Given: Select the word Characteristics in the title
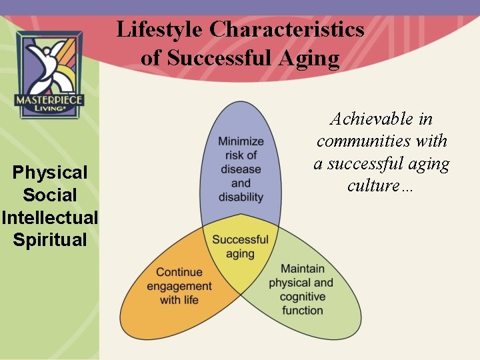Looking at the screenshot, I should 287,30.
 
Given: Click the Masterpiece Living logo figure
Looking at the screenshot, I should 50,63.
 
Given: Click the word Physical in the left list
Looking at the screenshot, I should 50,173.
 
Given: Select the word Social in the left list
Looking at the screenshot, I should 50,195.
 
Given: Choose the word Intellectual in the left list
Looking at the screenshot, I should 50,217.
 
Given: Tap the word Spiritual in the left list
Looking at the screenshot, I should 50,240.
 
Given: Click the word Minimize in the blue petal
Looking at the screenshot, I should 241,141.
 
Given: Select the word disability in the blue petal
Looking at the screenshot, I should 241,197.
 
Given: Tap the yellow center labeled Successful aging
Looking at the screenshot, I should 240,246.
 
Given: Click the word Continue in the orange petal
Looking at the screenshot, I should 179,272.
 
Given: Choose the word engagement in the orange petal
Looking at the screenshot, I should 179,286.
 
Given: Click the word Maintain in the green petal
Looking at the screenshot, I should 303,269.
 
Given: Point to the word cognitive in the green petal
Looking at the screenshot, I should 303,297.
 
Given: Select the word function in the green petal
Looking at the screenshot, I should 303,311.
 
